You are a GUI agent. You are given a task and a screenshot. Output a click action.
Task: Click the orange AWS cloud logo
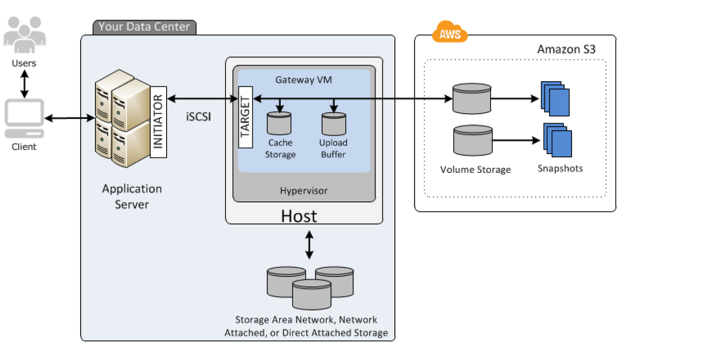pyautogui.click(x=450, y=32)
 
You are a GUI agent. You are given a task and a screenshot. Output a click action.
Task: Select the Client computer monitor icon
pyautogui.click(x=25, y=118)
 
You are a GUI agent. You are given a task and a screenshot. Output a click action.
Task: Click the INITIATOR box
pyautogui.click(x=158, y=122)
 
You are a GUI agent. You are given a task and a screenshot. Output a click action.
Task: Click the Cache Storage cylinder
pyautogui.click(x=280, y=123)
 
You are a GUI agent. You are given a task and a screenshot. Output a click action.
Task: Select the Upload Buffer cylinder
pyautogui.click(x=333, y=123)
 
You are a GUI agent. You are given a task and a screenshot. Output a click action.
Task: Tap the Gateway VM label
pyautogui.click(x=304, y=80)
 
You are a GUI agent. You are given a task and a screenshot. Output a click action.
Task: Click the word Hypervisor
pyautogui.click(x=304, y=191)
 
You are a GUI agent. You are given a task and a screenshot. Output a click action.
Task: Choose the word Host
pyautogui.click(x=299, y=216)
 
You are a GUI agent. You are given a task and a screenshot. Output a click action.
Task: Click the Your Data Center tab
pyautogui.click(x=144, y=27)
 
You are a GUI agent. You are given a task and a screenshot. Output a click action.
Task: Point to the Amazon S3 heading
pyautogui.click(x=566, y=49)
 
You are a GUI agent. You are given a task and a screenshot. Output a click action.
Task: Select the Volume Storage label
pyautogui.click(x=475, y=170)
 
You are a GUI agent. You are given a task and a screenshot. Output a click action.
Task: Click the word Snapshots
pyautogui.click(x=560, y=168)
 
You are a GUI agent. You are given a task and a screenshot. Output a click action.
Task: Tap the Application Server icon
pyautogui.click(x=122, y=122)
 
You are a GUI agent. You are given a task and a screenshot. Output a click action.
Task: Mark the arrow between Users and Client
pyautogui.click(x=25, y=83)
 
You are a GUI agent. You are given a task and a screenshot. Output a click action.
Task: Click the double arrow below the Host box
pyautogui.click(x=309, y=245)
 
